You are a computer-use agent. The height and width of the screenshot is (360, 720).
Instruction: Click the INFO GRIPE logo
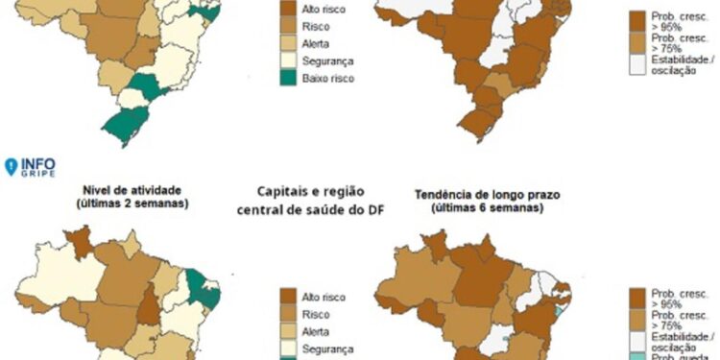30,166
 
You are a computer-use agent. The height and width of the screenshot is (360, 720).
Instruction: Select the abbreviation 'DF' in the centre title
372,210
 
